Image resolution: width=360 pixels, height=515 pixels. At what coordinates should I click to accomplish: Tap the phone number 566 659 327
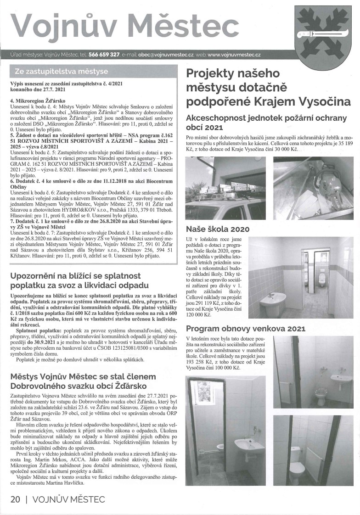[x=104, y=55]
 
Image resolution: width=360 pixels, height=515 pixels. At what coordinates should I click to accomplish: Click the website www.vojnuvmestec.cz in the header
[x=234, y=55]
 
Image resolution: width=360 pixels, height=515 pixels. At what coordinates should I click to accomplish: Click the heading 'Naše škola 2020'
[x=218, y=229]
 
